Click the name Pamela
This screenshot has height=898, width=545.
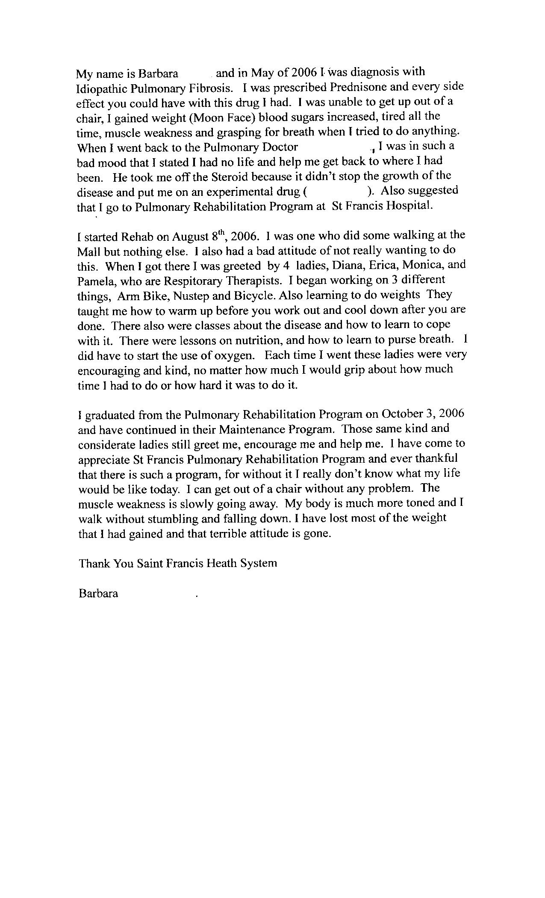[x=97, y=281]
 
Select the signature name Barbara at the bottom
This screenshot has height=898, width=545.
[x=98, y=594]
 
